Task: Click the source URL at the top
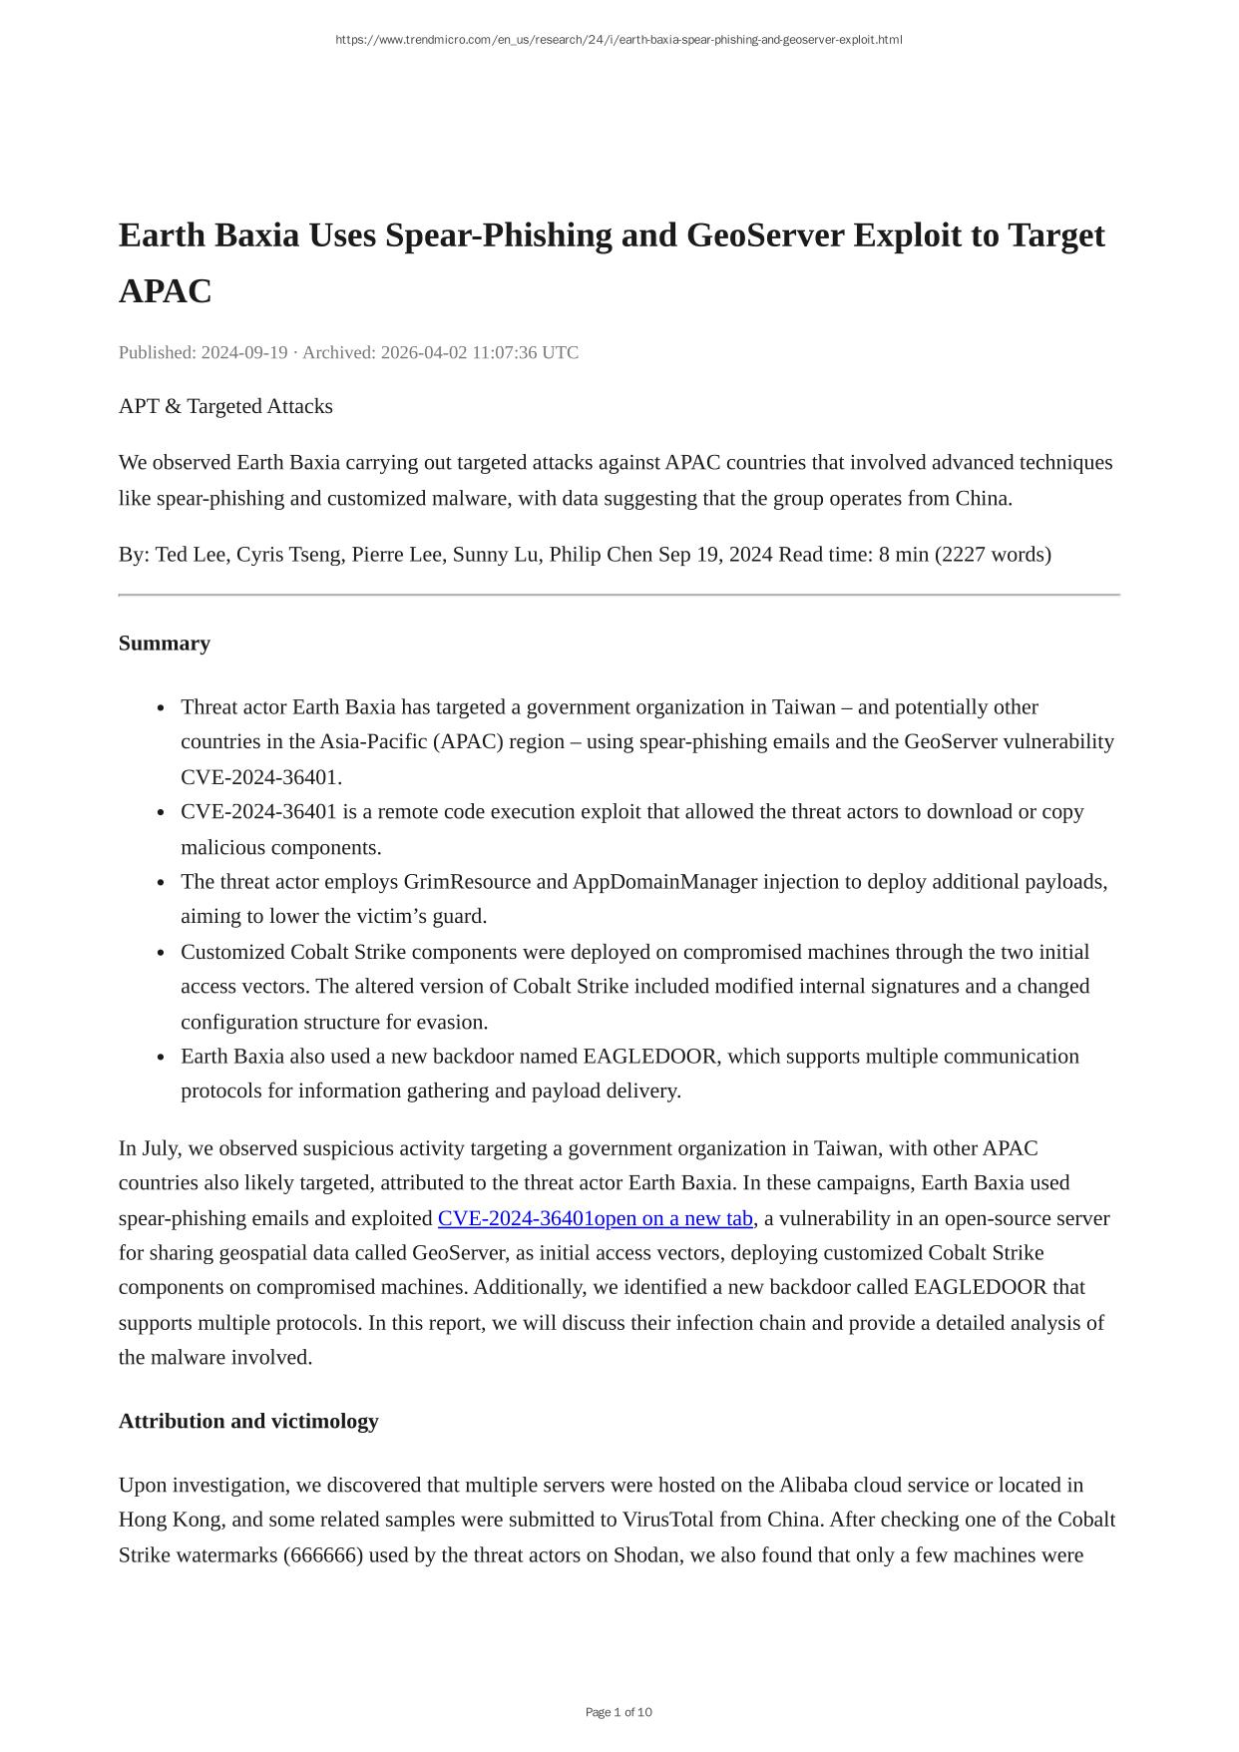(x=619, y=40)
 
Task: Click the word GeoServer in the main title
(x=766, y=235)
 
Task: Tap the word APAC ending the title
(x=166, y=291)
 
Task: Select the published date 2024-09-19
(x=243, y=352)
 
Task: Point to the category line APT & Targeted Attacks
(x=225, y=406)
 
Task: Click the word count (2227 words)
(x=993, y=555)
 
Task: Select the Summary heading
(x=165, y=644)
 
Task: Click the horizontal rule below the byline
(x=619, y=595)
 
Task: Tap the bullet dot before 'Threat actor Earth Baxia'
(x=161, y=708)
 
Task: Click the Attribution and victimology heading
(x=248, y=1422)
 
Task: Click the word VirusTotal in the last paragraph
(x=673, y=1520)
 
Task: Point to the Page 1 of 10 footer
(x=619, y=1712)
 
